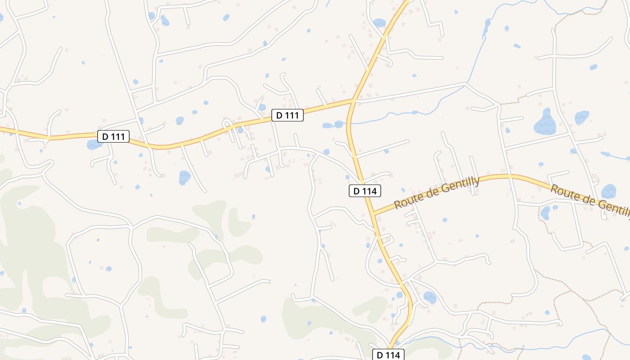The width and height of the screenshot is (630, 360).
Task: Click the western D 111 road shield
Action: pos(113,136)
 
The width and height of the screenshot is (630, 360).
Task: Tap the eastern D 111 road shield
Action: pos(288,115)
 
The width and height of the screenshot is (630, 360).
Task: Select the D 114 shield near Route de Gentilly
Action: pos(365,191)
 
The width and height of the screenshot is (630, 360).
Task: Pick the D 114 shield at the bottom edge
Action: pos(388,355)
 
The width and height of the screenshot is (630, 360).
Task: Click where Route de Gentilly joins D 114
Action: pos(373,214)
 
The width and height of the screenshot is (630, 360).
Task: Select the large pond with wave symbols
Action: pos(545,122)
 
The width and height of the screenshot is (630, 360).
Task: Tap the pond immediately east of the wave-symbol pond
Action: pos(581,117)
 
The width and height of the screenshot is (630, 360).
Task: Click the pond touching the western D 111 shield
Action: pos(94,144)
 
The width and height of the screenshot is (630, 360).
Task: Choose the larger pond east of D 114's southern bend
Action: pos(429,297)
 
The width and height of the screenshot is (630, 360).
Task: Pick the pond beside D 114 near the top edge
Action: pos(379,22)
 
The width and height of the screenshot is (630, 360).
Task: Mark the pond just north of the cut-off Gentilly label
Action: pos(608,191)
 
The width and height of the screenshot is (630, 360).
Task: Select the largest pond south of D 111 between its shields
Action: pos(184,177)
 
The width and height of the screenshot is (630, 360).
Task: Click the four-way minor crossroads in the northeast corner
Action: pos(554,57)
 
